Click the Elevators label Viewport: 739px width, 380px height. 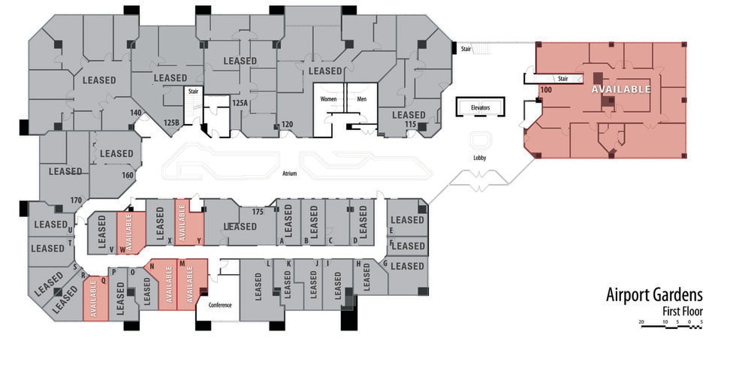(480, 108)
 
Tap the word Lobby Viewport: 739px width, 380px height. (479, 158)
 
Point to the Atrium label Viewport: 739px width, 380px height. (290, 173)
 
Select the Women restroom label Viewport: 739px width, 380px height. (328, 99)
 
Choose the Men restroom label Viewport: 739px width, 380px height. (361, 99)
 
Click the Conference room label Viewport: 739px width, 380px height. (220, 305)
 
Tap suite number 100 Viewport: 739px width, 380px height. (545, 90)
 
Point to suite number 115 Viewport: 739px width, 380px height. (411, 124)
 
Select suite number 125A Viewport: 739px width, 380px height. (240, 103)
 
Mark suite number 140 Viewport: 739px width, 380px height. (135, 113)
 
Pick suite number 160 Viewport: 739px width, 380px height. (128, 175)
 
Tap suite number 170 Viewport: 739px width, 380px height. (75, 200)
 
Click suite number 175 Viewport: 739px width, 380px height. (258, 213)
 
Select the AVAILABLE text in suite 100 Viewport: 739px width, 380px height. (621, 89)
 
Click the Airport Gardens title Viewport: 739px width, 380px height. (653, 295)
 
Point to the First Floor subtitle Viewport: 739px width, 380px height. (682, 312)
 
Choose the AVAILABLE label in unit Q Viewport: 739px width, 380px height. (94, 300)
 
